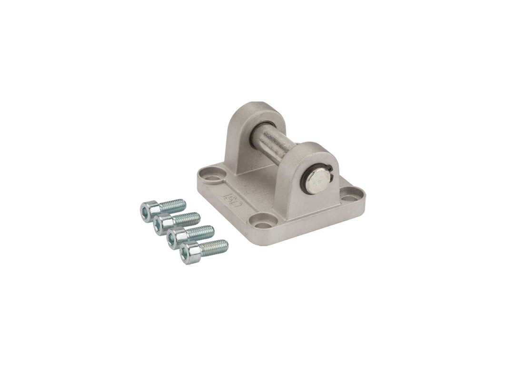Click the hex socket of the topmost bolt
tap(148, 211)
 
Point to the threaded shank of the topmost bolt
tap(172, 206)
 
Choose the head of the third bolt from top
tap(176, 238)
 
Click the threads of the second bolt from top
tap(187, 219)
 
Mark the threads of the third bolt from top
tap(200, 233)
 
